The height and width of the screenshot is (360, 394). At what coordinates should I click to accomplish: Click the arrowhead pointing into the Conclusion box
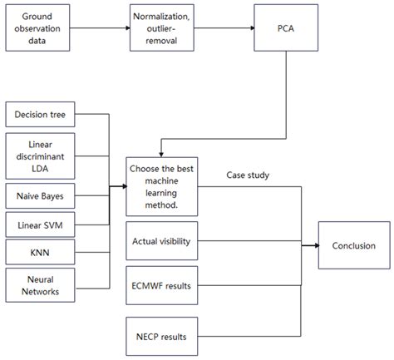point(315,244)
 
